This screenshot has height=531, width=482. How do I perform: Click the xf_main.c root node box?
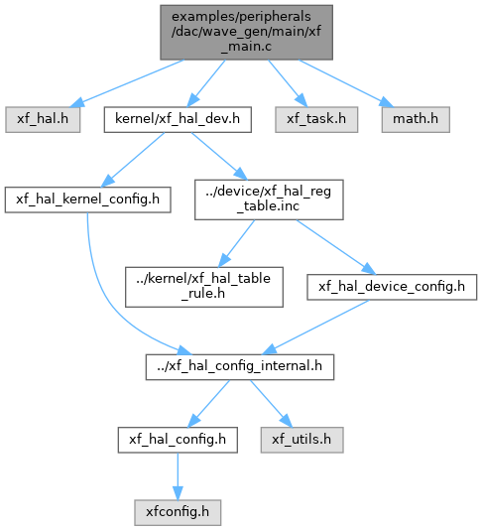point(246,33)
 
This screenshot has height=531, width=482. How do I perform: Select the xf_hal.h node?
point(43,119)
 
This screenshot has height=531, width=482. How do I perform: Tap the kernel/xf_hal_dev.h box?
point(178,119)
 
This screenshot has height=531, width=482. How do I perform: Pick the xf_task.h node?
point(316,119)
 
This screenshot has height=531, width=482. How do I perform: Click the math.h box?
point(416,119)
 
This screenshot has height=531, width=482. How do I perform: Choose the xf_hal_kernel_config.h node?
point(87,199)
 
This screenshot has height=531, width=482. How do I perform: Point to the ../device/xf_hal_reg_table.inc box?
point(269,199)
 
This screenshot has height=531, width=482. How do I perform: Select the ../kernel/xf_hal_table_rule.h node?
point(204,287)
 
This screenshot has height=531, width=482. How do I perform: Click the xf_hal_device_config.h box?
point(392,287)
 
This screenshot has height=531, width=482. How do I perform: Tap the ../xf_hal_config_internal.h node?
point(240,367)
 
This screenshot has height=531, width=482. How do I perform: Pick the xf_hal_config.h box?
point(178,440)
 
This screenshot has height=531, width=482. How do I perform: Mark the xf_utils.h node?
point(301,440)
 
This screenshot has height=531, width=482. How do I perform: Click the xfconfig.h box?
point(178,513)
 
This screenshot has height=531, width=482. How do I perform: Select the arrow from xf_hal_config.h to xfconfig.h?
point(178,476)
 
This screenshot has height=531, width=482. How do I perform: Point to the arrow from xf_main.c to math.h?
point(346,83)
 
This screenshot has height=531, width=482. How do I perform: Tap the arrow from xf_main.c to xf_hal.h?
point(129,83)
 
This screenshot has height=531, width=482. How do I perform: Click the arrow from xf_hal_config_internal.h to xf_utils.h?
point(271,404)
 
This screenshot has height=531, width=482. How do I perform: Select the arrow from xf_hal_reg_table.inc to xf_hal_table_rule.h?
point(236,243)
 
